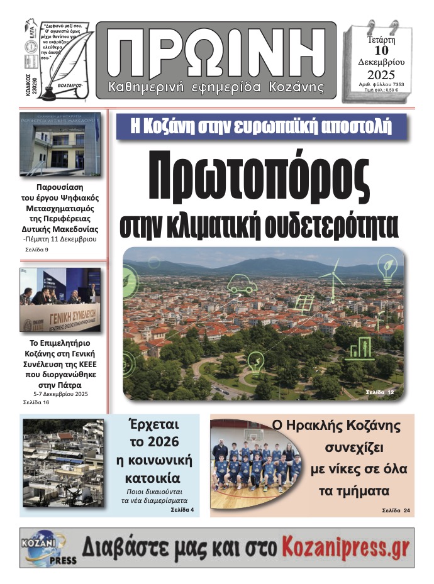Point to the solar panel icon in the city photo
(x=304, y=304)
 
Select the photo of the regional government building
(x=60, y=144)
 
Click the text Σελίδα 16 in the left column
(x=36, y=402)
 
